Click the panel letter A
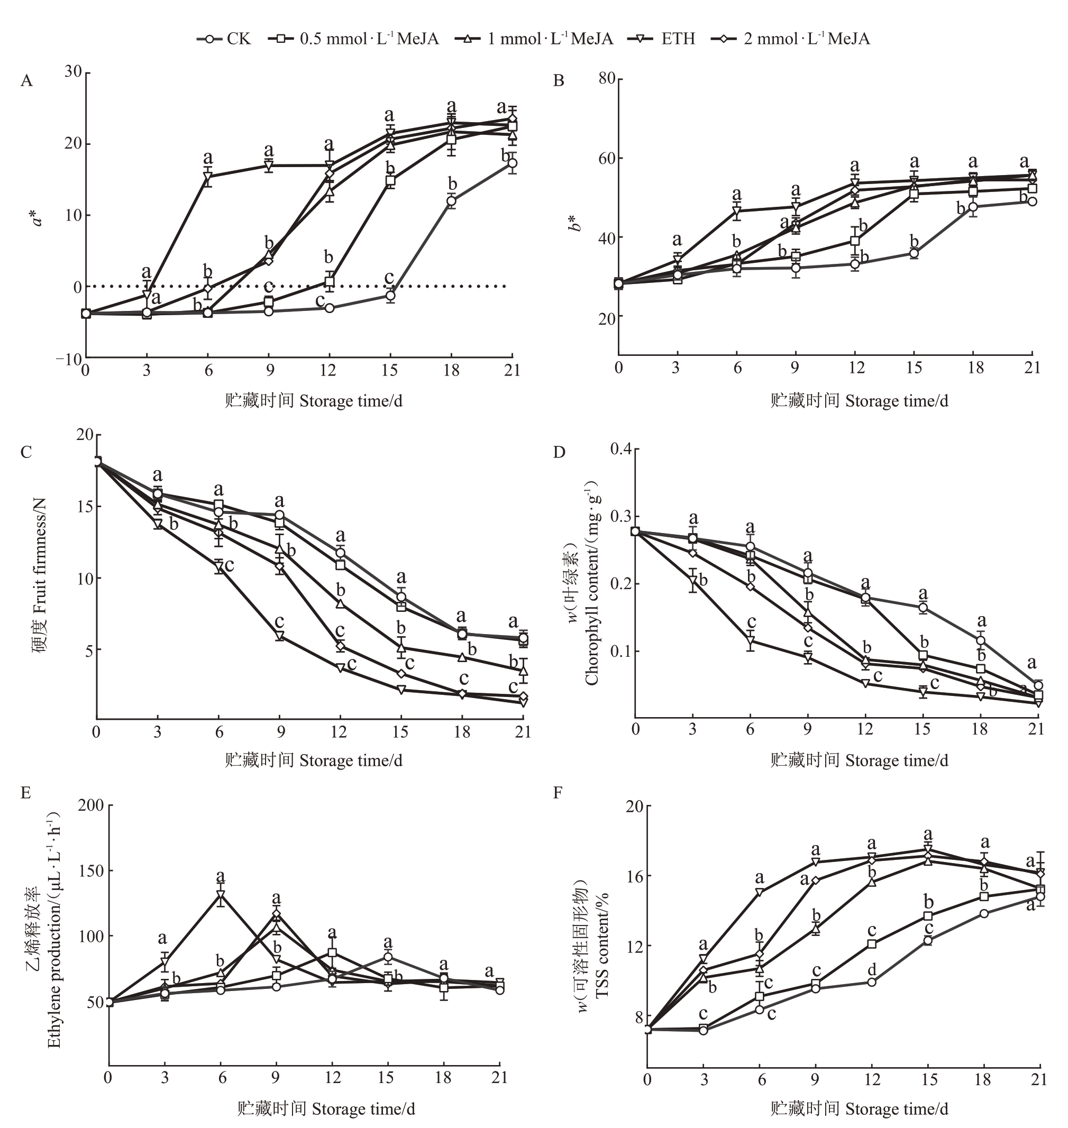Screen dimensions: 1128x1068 [26, 81]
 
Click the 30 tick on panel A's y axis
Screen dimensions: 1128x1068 [73, 72]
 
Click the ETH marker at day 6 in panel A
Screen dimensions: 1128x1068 [208, 178]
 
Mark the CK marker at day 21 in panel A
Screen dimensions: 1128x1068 [513, 163]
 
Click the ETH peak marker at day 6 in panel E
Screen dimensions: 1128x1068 [220, 895]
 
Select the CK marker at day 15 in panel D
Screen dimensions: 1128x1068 [923, 608]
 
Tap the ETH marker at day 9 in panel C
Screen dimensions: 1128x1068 [279, 636]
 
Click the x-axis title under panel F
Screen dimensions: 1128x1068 [859, 1108]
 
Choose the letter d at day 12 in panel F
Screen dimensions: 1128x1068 [872, 969]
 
